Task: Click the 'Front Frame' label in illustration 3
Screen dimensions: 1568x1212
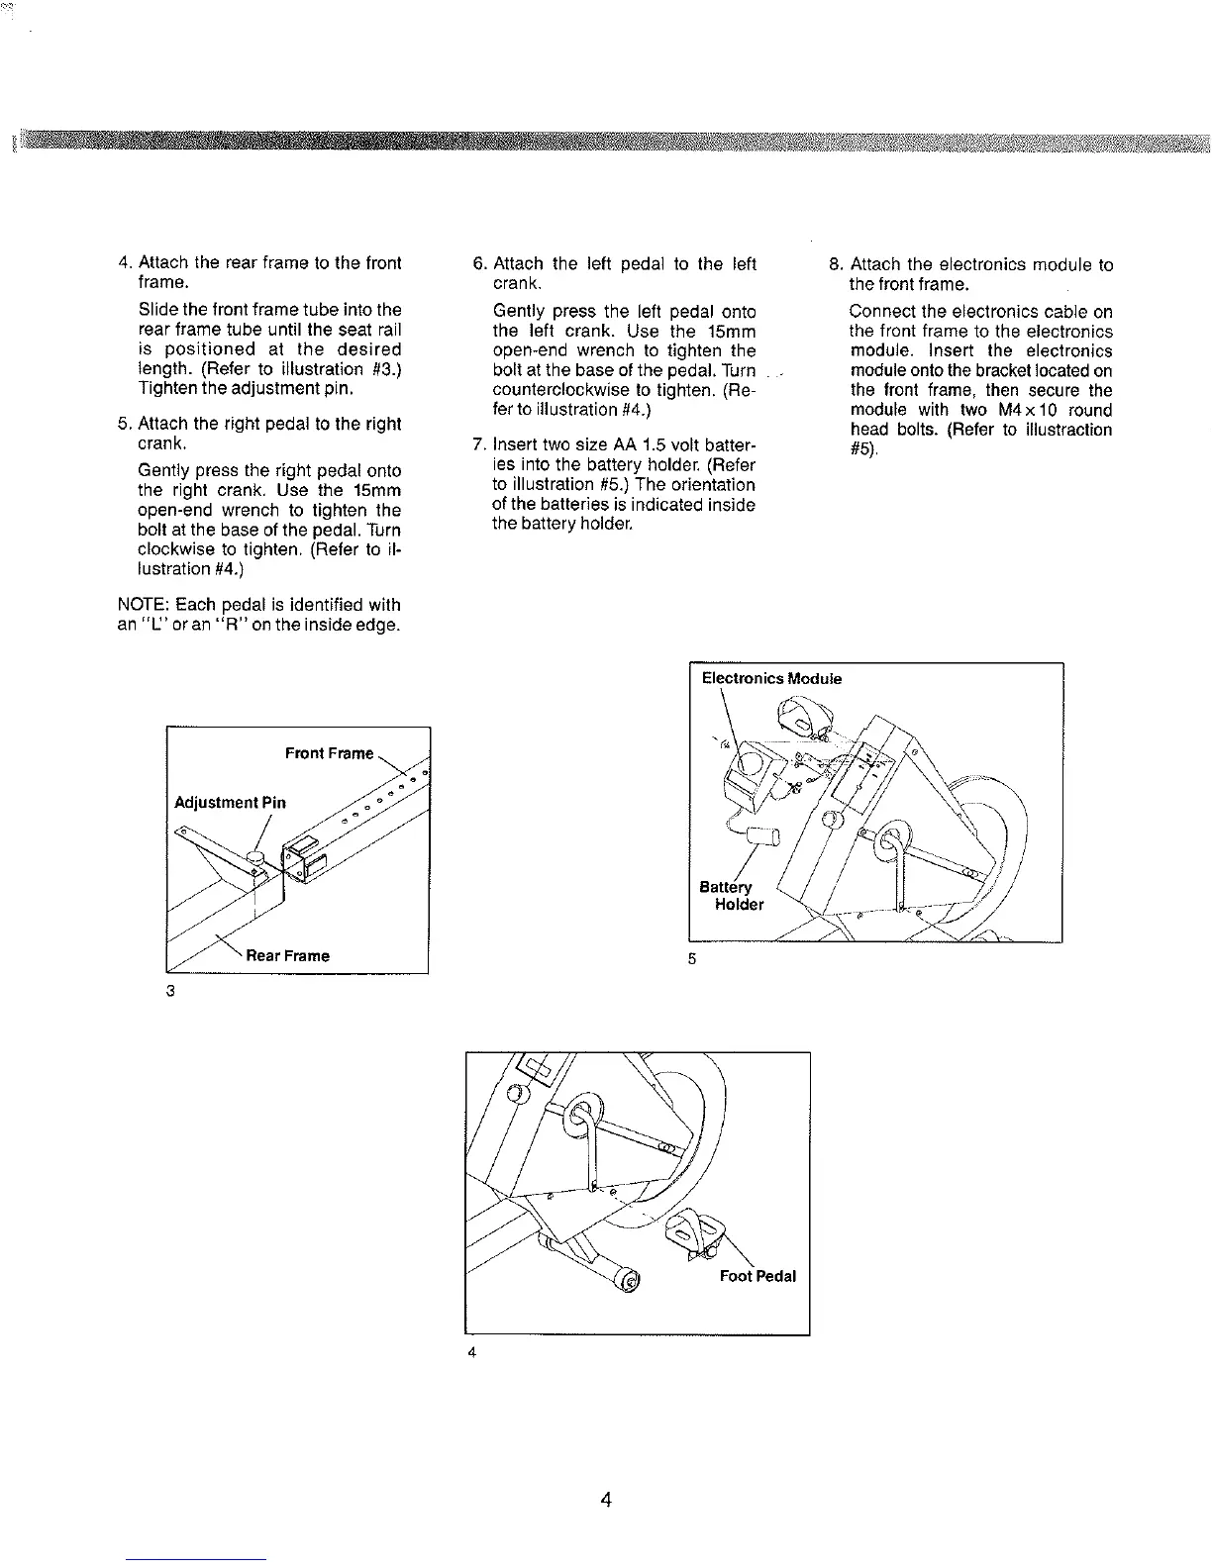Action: pos(329,753)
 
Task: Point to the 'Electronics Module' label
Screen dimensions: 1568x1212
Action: pos(771,678)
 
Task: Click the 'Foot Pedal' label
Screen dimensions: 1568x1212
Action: pos(757,1276)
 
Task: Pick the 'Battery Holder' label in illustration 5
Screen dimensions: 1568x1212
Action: pos(733,896)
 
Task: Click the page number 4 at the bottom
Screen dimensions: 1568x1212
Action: pos(606,1500)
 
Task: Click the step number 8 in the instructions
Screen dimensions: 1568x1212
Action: pos(835,264)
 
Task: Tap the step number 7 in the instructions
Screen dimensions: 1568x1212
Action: pos(477,444)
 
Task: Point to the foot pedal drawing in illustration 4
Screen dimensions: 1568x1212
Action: pos(693,1233)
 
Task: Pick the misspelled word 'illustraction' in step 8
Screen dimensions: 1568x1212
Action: pos(1064,430)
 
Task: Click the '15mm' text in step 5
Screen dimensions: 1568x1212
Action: pos(376,491)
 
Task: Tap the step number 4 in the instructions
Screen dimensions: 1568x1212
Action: pos(124,263)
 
